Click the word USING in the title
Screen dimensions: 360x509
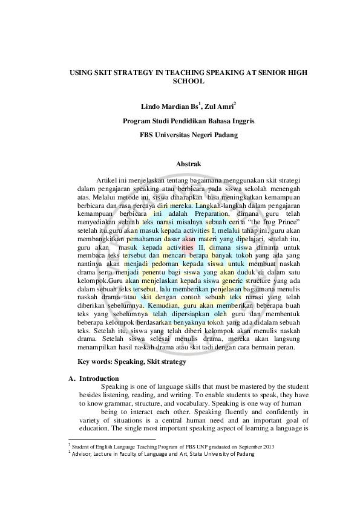pos(82,71)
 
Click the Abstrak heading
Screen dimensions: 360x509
pos(188,163)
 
